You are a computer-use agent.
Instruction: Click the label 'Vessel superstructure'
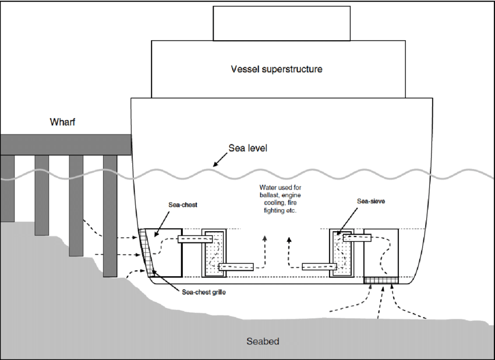(x=276, y=69)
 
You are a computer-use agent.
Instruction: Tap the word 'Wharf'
(x=63, y=122)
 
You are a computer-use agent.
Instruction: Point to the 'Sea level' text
(x=249, y=148)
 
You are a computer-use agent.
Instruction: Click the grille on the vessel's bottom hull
(x=382, y=281)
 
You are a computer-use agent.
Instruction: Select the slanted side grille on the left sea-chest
(x=147, y=252)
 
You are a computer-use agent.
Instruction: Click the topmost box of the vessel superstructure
(x=282, y=23)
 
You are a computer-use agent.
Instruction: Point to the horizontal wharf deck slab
(x=65, y=144)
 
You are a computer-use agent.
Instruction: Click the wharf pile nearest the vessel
(x=110, y=216)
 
